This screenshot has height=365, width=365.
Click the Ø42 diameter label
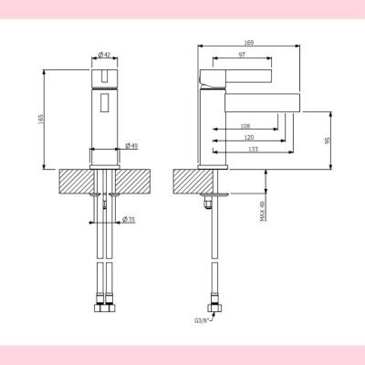coord(106,55)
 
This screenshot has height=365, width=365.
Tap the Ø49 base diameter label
coord(130,146)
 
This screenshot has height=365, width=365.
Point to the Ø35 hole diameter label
coord(129,220)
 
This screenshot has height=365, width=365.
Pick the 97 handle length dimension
coord(241,57)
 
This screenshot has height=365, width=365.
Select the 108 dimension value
coord(245,125)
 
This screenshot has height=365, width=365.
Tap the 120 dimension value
coord(249,137)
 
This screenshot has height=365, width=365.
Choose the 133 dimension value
coord(252,149)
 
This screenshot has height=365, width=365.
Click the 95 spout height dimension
coord(326,141)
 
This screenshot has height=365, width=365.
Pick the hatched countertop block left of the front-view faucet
coord(73,180)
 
